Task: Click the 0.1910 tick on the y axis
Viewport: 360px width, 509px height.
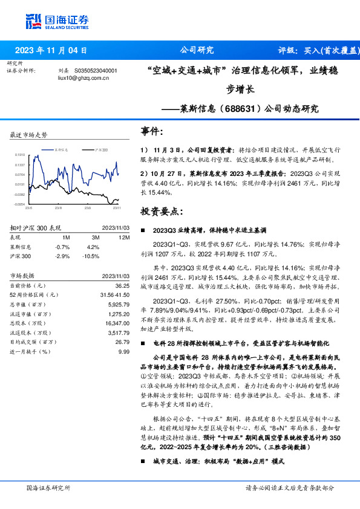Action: click(20, 155)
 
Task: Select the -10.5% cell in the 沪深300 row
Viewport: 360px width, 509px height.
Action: click(91, 256)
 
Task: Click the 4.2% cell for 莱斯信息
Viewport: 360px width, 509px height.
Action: click(93, 247)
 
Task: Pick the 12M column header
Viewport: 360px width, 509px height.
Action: click(125, 238)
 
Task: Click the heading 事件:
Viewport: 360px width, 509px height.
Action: click(152, 131)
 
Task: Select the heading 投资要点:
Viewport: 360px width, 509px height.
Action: click(160, 211)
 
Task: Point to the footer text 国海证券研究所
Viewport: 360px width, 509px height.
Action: click(48, 488)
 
